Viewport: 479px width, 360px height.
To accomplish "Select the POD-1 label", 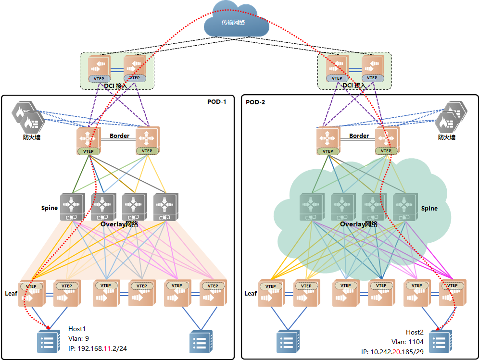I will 216,101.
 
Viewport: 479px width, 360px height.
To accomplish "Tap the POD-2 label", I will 255,102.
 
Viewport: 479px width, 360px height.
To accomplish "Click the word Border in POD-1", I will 119,136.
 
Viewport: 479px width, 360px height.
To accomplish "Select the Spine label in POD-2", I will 429,208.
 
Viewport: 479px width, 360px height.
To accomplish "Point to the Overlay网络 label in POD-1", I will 119,224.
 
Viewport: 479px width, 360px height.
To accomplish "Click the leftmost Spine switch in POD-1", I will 72,207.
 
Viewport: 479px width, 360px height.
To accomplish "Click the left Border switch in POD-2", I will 328,141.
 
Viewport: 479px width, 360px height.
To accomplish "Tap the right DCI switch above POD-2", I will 372,68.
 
